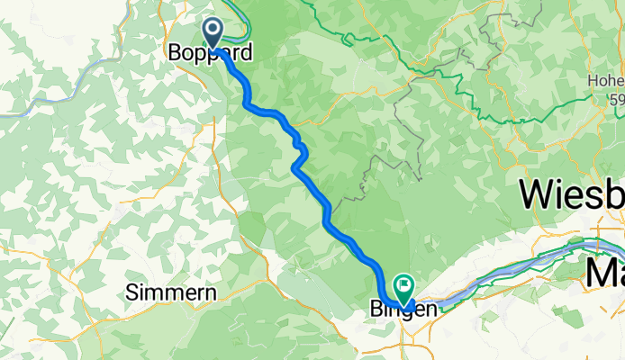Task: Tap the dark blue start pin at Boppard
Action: click(213, 33)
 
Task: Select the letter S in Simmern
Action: click(132, 292)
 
